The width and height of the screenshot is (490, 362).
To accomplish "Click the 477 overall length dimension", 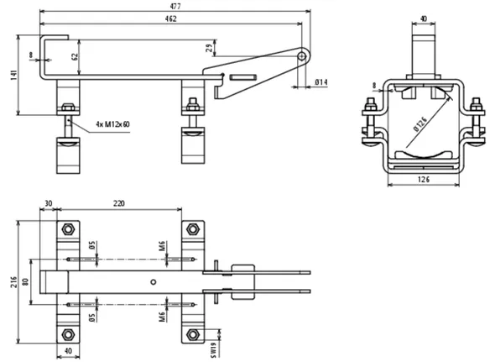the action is point(175,6).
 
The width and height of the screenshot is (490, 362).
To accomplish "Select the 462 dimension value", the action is point(170,18).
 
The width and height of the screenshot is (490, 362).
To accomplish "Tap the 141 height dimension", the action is point(14,75).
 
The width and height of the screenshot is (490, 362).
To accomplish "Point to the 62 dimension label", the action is point(75,56).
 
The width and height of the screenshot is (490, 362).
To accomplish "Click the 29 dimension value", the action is point(210,48).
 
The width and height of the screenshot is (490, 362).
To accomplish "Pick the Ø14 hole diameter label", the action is point(321,82).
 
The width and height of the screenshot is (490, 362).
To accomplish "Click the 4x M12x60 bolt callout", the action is point(112,124).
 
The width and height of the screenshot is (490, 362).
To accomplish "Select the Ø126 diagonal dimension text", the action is point(420,124).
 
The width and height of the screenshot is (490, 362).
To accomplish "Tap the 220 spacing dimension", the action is point(119,204).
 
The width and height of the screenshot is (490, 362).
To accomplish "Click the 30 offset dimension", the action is point(49,204).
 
